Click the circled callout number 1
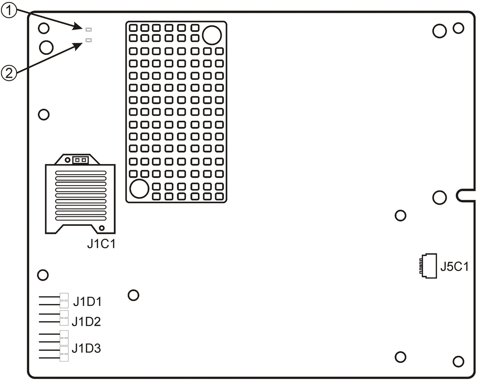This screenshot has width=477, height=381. click(x=9, y=11)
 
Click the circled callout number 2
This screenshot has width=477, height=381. click(x=9, y=73)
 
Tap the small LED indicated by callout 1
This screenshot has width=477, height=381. click(x=88, y=30)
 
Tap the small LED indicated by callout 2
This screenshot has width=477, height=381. click(x=88, y=40)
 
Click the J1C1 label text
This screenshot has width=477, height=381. click(x=101, y=244)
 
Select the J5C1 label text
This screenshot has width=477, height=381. click(x=454, y=267)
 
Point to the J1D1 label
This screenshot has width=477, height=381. click(x=87, y=302)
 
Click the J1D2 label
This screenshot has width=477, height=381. click(x=86, y=322)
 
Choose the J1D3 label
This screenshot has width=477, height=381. click(x=86, y=348)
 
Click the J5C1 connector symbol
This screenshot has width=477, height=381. click(x=428, y=266)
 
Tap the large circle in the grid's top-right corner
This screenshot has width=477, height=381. click(x=212, y=35)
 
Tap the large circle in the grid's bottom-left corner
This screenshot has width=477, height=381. click(x=139, y=189)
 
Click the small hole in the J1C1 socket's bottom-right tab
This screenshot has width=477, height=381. click(x=102, y=228)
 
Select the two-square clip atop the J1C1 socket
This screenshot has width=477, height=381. click(x=80, y=160)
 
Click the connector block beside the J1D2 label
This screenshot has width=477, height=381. click(x=64, y=318)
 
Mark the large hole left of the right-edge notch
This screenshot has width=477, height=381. click(x=439, y=198)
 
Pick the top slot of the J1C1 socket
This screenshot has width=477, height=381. click(x=81, y=173)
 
